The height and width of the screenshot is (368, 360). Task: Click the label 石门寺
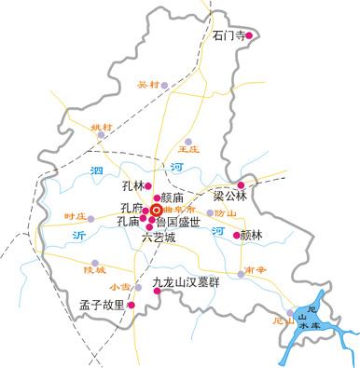click(x=228, y=36)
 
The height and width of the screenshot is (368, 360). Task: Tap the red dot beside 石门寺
click(x=249, y=36)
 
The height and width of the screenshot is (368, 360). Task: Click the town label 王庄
click(x=188, y=147)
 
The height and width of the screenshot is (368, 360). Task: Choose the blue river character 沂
click(x=78, y=236)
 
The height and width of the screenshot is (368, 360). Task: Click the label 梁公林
click(x=229, y=197)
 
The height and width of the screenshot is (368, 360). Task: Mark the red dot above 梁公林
click(x=241, y=184)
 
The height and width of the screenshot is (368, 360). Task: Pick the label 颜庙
click(x=174, y=198)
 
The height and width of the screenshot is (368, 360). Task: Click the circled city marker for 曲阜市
click(x=156, y=211)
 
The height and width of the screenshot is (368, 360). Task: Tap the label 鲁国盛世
click(x=177, y=223)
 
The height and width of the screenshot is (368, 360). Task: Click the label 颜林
click(x=253, y=236)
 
